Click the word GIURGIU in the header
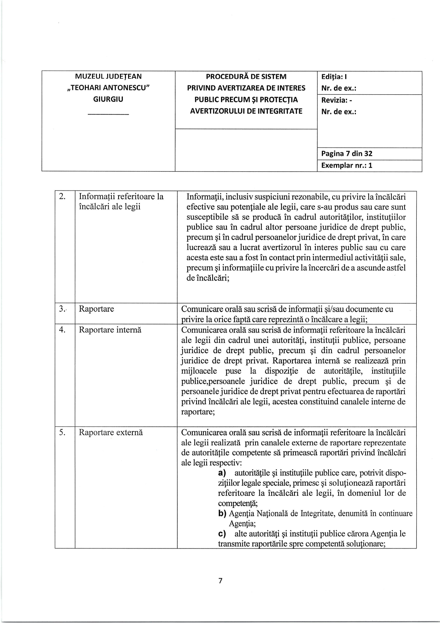click(108, 99)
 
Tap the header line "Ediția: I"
click(334, 77)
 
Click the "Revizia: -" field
click(336, 100)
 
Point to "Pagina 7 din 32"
click(347, 154)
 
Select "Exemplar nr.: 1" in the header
click(347, 165)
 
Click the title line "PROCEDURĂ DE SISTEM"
click(246, 77)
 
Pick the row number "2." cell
click(62, 197)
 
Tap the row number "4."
click(62, 330)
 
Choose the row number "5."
click(62, 432)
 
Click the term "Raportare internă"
click(110, 330)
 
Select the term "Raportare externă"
click(111, 432)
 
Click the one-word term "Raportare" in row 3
click(96, 309)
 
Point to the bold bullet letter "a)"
click(222, 473)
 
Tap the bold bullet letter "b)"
click(222, 513)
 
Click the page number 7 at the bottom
click(220, 581)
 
